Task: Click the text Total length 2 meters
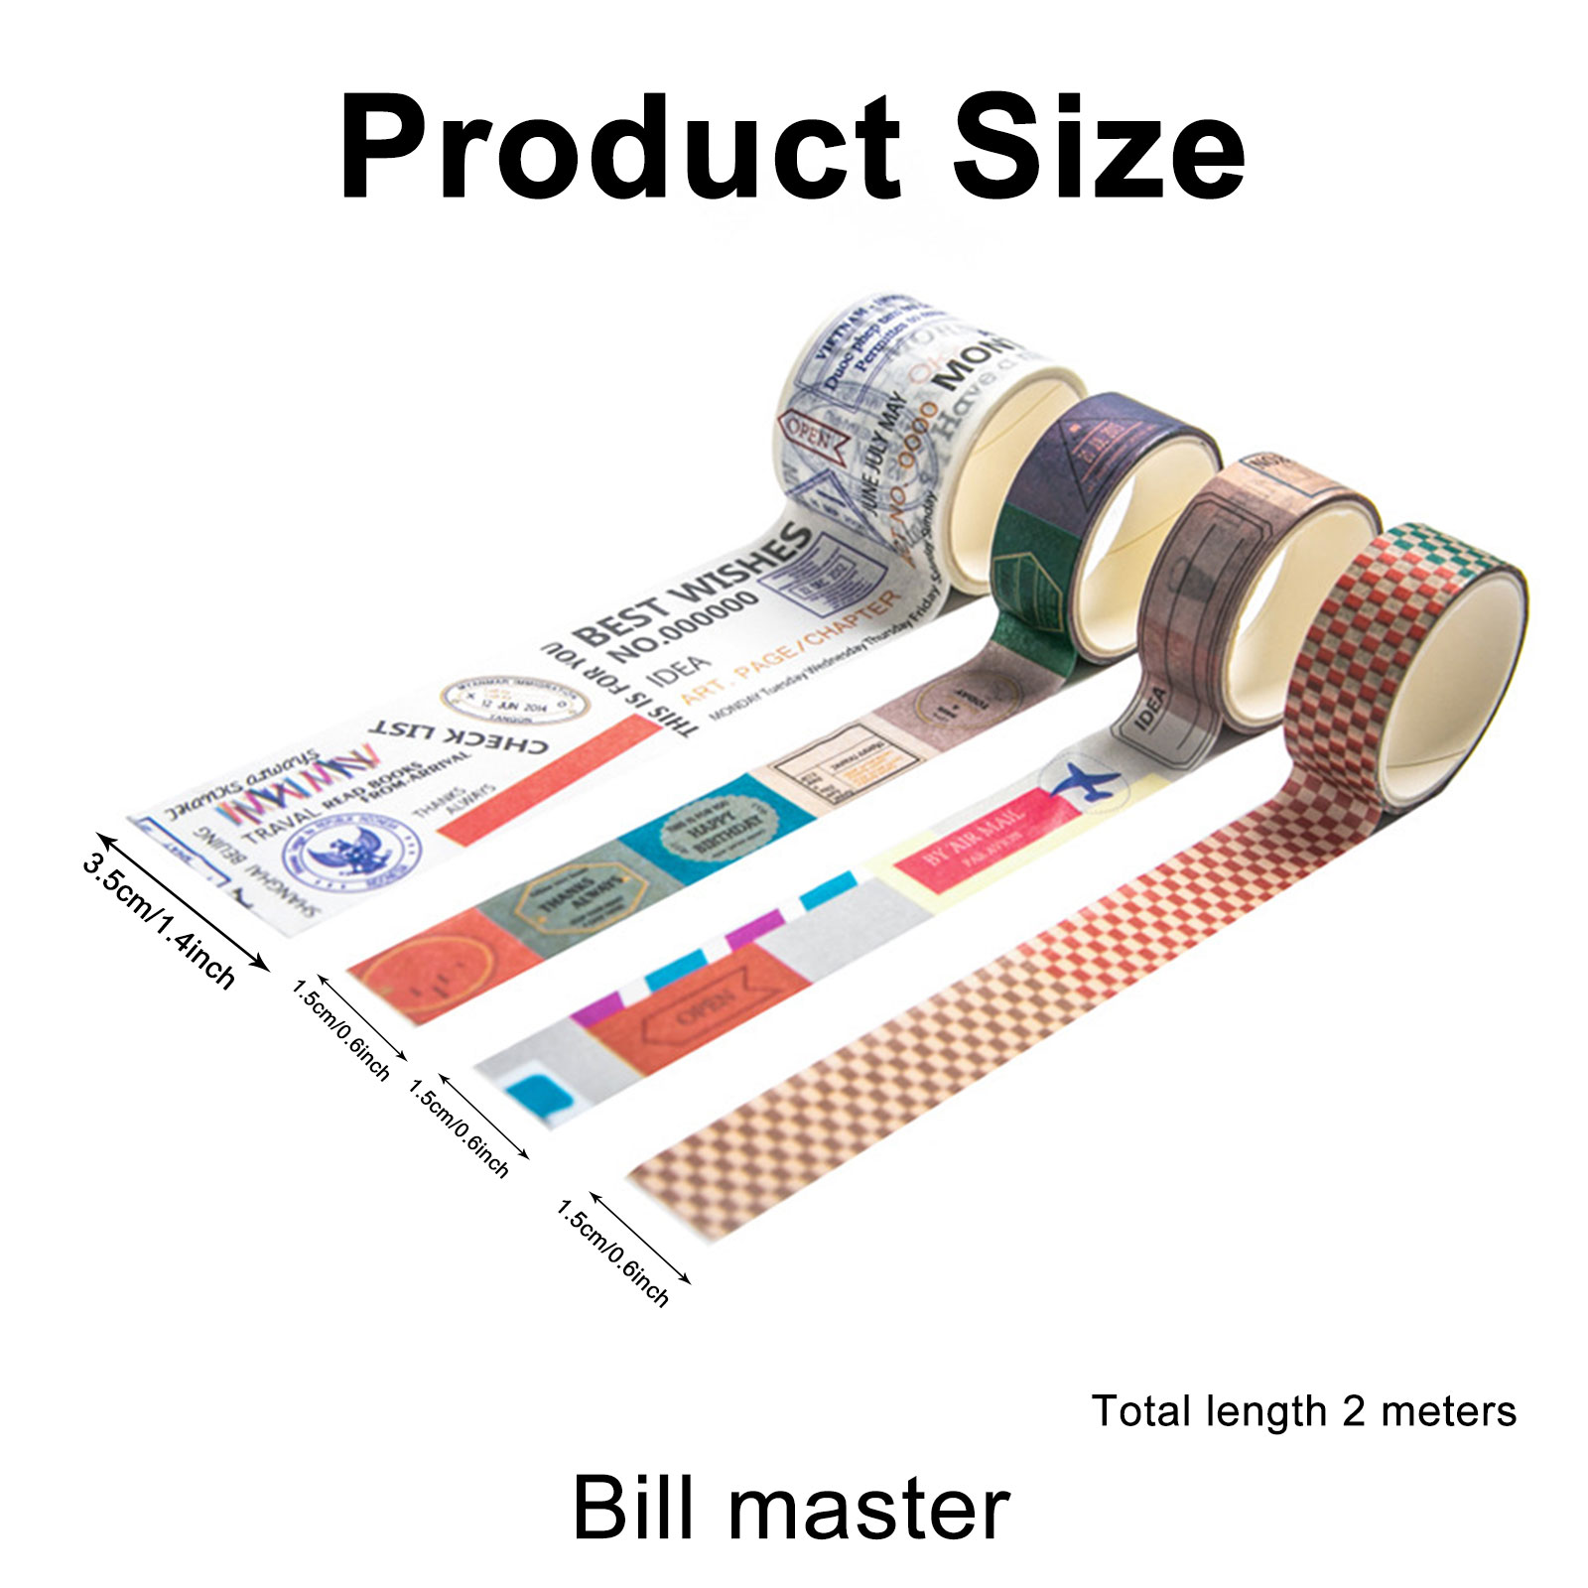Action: tap(1303, 1411)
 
